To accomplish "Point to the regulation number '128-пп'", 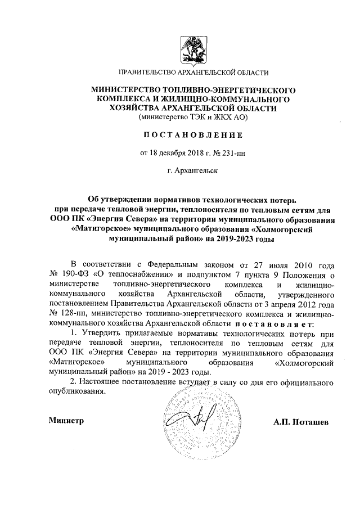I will [73, 313].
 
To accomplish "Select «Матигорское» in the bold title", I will [98, 229].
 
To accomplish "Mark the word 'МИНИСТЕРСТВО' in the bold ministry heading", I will [127, 89].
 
